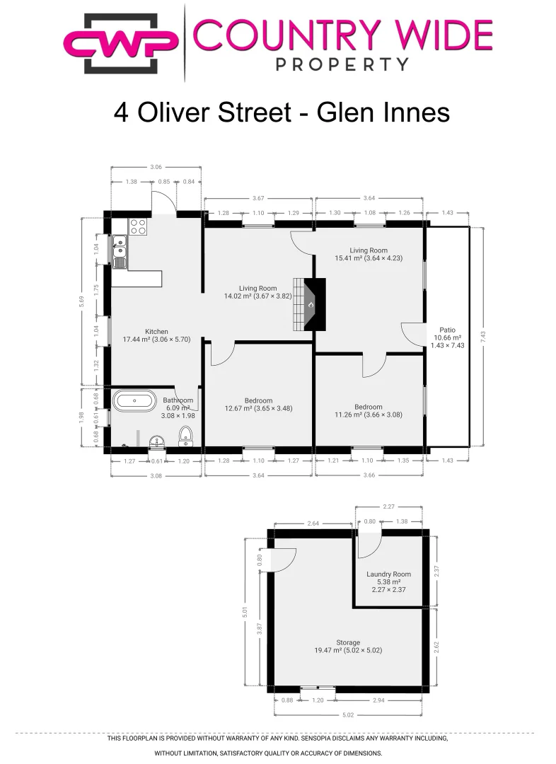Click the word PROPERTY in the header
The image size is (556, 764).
click(342, 64)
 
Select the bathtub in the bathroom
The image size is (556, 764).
click(135, 401)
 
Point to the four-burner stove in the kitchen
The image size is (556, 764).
click(138, 227)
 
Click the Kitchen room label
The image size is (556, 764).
click(156, 331)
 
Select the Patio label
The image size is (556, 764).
click(447, 329)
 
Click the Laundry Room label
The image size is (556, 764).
click(388, 574)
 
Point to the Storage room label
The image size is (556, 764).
click(348, 642)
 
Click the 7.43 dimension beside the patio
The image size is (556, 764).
click(483, 337)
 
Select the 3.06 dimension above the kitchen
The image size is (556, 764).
click(156, 167)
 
